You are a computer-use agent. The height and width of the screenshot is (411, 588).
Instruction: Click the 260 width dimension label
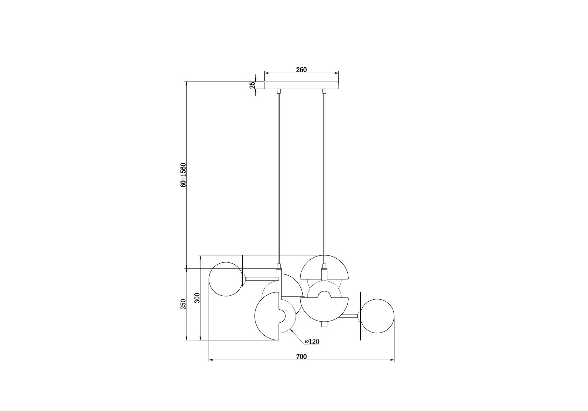[301, 70]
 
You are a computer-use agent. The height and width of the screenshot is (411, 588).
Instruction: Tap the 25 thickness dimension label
[252, 85]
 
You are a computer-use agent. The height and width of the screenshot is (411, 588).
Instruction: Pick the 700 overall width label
[301, 357]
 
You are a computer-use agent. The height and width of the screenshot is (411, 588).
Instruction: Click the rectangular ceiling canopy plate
[301, 85]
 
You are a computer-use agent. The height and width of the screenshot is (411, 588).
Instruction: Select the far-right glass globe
[377, 316]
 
